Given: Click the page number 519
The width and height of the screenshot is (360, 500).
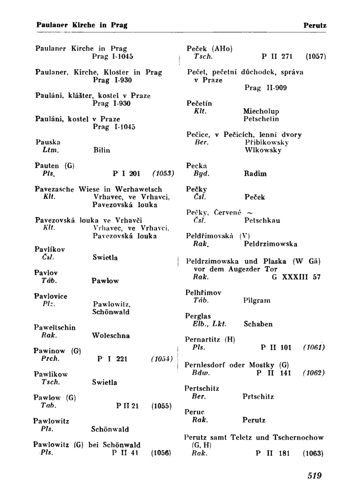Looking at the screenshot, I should [x=315, y=476].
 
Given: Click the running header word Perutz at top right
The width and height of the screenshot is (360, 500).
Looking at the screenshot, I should [x=315, y=26].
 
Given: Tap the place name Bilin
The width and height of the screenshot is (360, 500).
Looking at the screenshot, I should [x=102, y=150].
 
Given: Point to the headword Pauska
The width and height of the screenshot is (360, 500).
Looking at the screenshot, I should [x=48, y=142].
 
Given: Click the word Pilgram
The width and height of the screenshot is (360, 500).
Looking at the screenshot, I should [x=256, y=300].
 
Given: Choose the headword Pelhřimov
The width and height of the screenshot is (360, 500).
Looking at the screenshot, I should [x=203, y=292].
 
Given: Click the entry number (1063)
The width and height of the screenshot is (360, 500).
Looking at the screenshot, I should [x=313, y=453].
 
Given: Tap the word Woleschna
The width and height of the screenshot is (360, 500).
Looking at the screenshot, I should [x=111, y=336].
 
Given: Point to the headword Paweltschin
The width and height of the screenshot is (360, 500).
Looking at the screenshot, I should [x=55, y=327].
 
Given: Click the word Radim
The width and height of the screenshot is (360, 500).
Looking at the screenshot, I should [x=255, y=173].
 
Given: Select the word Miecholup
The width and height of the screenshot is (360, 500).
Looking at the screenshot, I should [x=261, y=111].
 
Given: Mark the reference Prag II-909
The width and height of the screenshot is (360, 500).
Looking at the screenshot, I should [x=265, y=88].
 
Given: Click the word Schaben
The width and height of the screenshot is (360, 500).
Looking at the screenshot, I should [x=258, y=324].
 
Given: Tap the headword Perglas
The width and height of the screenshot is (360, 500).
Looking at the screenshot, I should [x=198, y=316].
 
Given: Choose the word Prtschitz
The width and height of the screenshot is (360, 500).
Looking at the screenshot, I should [x=258, y=396].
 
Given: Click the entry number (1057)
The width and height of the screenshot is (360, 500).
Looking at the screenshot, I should [x=315, y=57].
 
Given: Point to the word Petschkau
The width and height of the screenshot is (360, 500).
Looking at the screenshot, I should [x=262, y=220].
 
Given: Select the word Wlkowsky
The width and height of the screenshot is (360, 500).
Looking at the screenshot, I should [x=262, y=150].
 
